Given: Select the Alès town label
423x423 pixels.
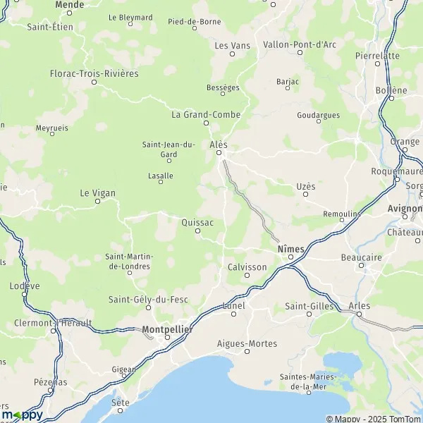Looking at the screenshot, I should coord(219,144).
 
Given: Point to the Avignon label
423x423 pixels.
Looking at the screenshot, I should coord(405,209).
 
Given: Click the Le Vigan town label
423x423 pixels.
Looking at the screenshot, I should coord(97,192).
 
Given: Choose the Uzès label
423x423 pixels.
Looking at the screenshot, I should coord(305,186).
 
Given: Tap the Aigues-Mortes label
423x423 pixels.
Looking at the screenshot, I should coord(247,343).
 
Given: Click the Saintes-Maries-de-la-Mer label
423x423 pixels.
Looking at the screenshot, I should coord(309,381).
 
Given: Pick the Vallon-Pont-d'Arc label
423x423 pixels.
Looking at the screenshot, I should coord(299,44).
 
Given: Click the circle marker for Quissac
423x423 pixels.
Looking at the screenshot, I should coord(197,231).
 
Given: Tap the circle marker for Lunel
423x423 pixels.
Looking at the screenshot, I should coord(233,314).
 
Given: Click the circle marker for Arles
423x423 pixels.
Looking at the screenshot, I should coord(359,314).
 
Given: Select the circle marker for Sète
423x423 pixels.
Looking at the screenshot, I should coord(121,410).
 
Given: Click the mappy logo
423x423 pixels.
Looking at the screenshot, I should coord(22,414).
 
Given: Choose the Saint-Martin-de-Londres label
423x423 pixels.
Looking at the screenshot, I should coord(128,261).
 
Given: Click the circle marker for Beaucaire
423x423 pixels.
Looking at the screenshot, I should coord(362,266).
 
